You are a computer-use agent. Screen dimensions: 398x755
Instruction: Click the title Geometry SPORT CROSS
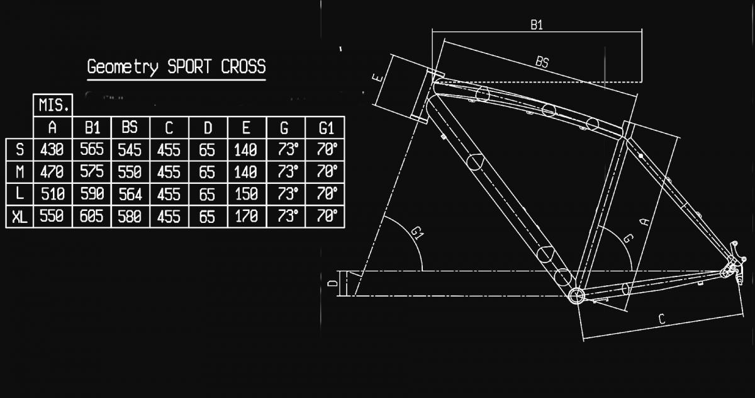tap(176, 67)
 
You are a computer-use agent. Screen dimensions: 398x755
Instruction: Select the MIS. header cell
tap(53, 105)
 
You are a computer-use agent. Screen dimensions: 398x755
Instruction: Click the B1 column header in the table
tap(92, 128)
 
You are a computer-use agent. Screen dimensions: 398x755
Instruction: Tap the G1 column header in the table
tap(325, 128)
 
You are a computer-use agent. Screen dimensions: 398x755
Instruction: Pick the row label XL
tap(20, 217)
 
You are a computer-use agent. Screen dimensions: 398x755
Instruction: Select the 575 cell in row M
tap(92, 171)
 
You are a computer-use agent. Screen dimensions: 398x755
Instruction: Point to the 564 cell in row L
tap(130, 194)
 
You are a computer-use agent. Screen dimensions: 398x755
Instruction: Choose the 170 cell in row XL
tap(246, 217)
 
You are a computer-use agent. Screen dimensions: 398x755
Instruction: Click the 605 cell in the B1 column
tap(92, 217)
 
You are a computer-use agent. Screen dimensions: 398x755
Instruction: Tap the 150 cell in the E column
tap(246, 194)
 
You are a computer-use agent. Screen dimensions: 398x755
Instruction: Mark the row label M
tap(20, 171)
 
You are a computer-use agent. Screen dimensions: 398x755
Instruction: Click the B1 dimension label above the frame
tap(536, 25)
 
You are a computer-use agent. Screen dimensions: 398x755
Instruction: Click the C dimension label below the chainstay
tap(661, 320)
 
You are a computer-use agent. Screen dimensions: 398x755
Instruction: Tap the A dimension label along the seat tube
tap(644, 220)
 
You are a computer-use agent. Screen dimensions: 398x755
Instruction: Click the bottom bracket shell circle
tap(575, 295)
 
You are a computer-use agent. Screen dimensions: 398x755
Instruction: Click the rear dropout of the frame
tap(732, 268)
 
